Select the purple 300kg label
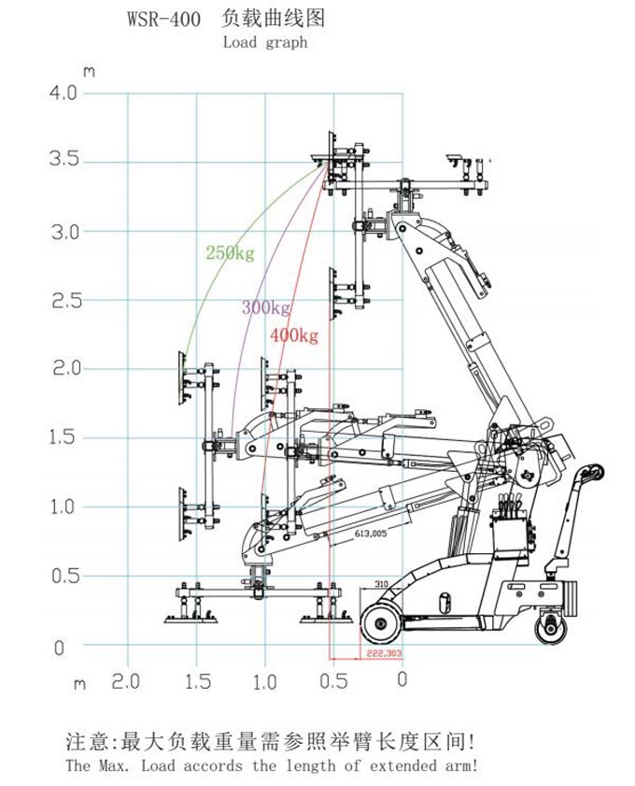pyautogui.click(x=265, y=307)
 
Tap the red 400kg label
pyautogui.click(x=293, y=336)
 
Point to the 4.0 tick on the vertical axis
pyautogui.click(x=63, y=93)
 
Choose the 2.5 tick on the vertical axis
pyautogui.click(x=63, y=301)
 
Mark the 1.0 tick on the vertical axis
pyautogui.click(x=63, y=507)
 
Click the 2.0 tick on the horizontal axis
pyautogui.click(x=126, y=681)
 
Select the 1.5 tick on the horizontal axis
pyautogui.click(x=196, y=681)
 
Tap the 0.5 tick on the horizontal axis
pyautogui.click(x=333, y=681)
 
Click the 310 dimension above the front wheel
pyautogui.click(x=381, y=584)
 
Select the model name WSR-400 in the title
pyautogui.click(x=162, y=19)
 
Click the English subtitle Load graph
pyautogui.click(x=265, y=42)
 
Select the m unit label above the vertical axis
pyautogui.click(x=89, y=71)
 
